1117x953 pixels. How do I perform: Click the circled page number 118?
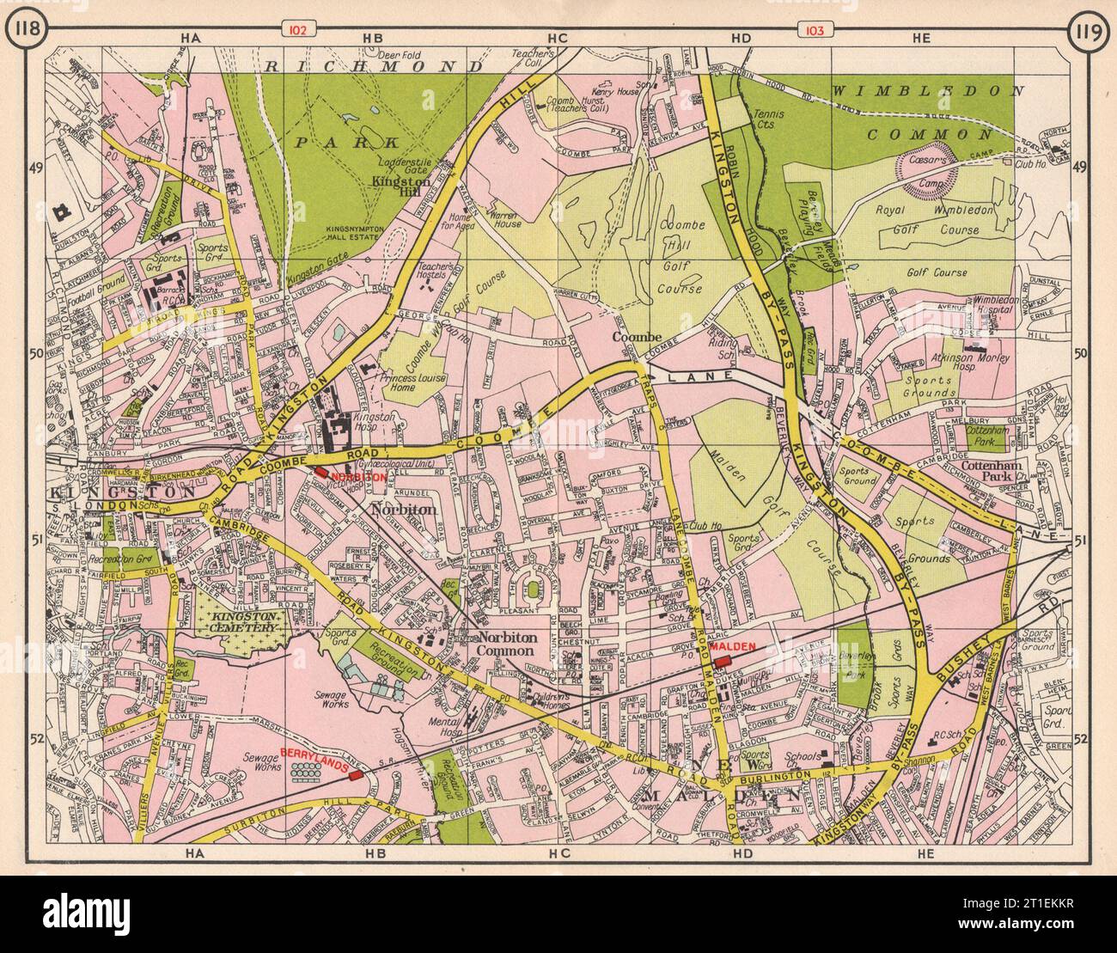pyautogui.click(x=22, y=32)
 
